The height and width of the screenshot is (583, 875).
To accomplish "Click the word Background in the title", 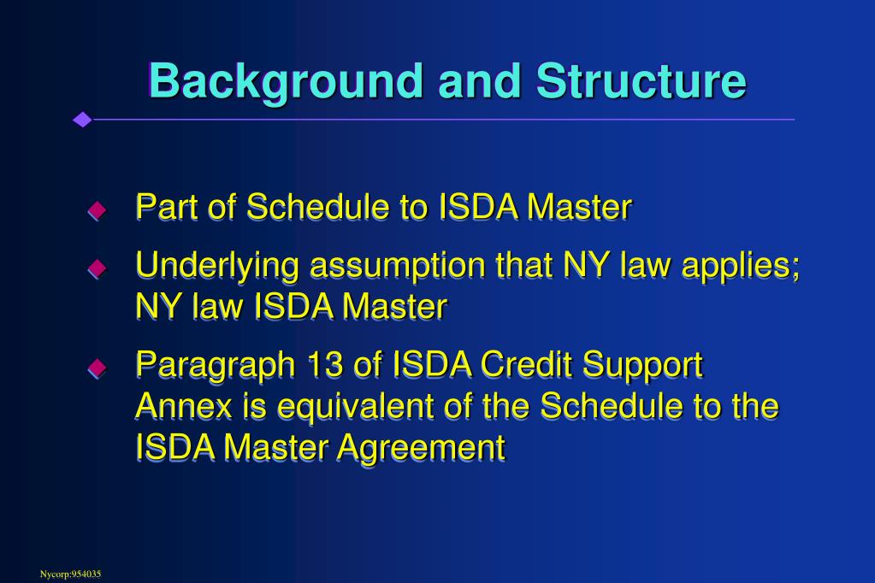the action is (x=286, y=83).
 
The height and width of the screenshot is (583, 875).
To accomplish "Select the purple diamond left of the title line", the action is (x=83, y=120).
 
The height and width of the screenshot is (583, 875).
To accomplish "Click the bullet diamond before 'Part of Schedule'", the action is (x=98, y=210).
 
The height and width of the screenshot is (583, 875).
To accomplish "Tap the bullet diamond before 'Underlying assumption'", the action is (x=98, y=268).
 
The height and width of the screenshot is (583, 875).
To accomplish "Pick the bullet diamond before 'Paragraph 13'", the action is (x=98, y=368).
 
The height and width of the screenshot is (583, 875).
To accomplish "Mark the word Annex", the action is (x=184, y=405).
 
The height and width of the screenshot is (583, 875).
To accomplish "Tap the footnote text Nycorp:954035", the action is (x=70, y=574).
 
